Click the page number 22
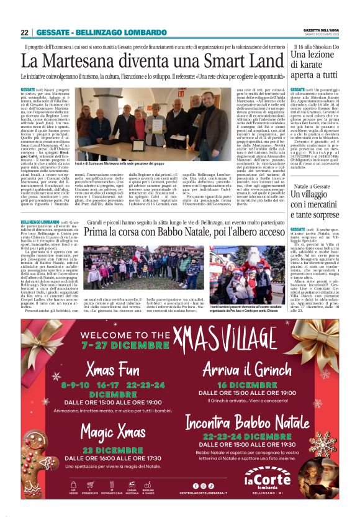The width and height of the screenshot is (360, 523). pyautogui.click(x=24, y=32)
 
